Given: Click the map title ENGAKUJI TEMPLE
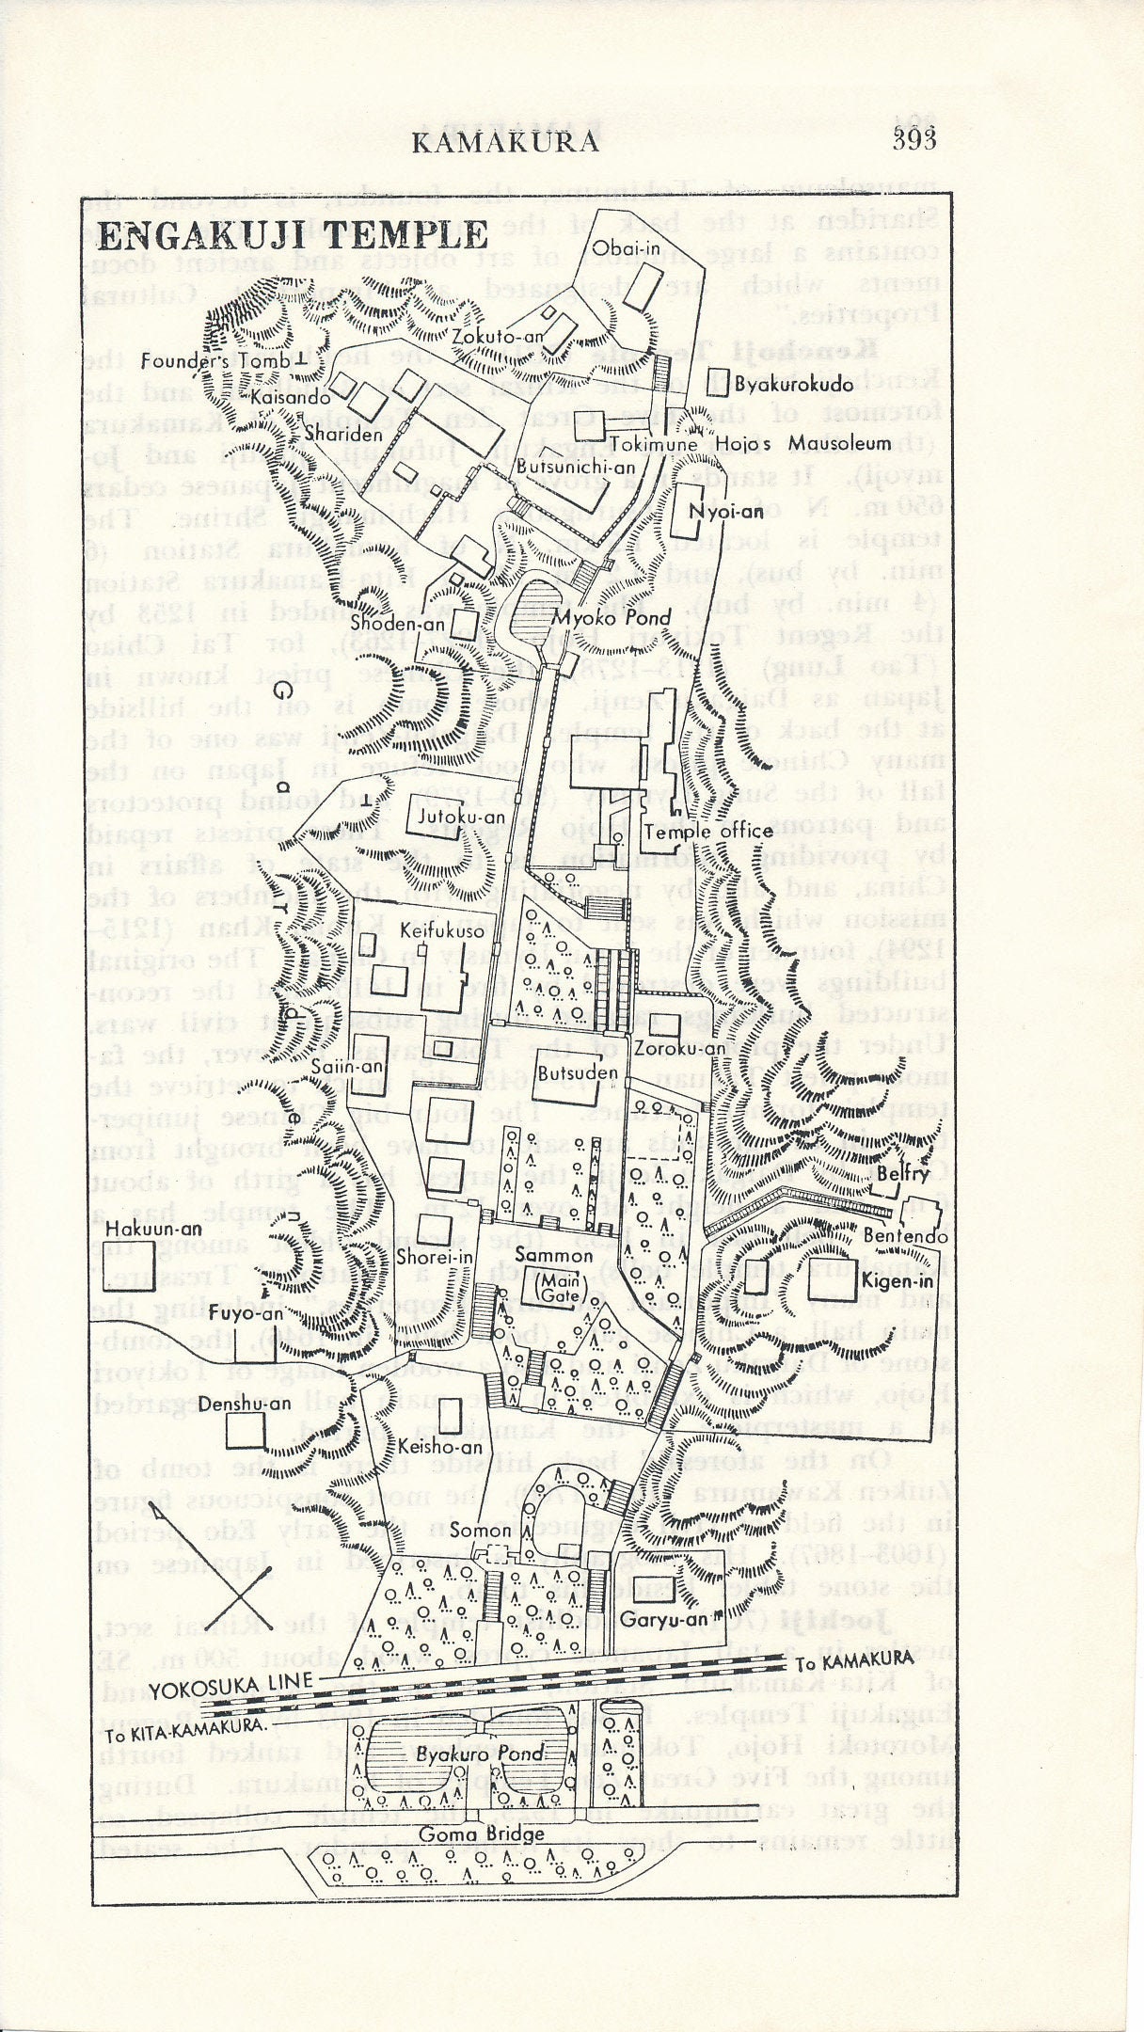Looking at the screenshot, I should click(294, 235).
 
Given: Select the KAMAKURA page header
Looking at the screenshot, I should click(505, 141).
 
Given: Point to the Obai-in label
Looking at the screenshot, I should click(619, 246).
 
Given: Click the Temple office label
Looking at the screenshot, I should click(723, 831).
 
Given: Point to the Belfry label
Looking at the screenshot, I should click(907, 1173).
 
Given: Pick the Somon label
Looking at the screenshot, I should click(480, 1531).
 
